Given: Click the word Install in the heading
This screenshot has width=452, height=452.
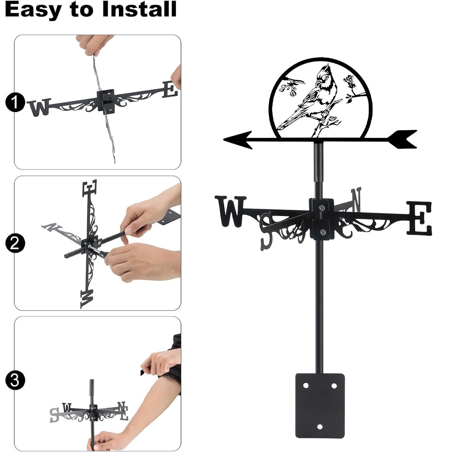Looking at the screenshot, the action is [x=139, y=9].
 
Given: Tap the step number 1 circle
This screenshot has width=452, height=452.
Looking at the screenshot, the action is [x=15, y=103].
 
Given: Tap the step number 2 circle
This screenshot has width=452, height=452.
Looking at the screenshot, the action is [x=15, y=243].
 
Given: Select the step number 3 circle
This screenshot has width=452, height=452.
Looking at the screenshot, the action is [x=15, y=380].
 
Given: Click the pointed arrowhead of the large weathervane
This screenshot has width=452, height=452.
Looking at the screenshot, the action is [x=238, y=140].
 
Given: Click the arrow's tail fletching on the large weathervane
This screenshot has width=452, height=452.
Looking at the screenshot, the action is [x=402, y=139].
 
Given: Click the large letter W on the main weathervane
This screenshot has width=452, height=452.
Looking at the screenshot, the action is [x=231, y=211].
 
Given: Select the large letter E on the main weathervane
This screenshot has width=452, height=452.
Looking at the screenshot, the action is [x=419, y=218].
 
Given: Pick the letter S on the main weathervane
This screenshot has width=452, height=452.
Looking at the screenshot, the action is [x=266, y=231].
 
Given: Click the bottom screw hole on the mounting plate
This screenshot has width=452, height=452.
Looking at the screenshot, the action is [x=320, y=427].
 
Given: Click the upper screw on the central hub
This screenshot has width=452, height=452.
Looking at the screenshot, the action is [x=322, y=207].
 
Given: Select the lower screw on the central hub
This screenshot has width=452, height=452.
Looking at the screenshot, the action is [x=322, y=232].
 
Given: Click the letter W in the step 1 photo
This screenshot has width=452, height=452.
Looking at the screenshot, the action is [x=40, y=107].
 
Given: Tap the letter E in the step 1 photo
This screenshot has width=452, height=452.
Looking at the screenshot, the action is [x=170, y=89].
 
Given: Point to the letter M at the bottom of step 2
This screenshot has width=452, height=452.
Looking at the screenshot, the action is [x=87, y=299].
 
